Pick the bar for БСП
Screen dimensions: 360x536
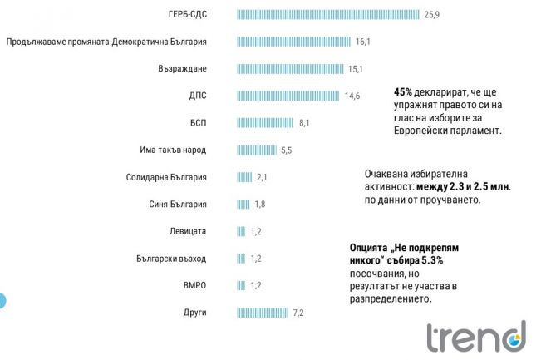[x=266, y=123]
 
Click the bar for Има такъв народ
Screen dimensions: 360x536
[x=257, y=150]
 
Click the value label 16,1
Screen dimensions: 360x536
[x=362, y=42]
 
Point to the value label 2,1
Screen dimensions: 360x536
[x=261, y=178]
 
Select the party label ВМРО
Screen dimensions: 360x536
[x=194, y=285]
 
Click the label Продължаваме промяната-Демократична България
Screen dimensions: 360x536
[x=106, y=42]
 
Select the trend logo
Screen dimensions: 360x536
[x=475, y=336]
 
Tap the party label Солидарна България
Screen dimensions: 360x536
[x=166, y=177]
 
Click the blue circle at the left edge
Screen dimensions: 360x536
[x=2, y=300]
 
